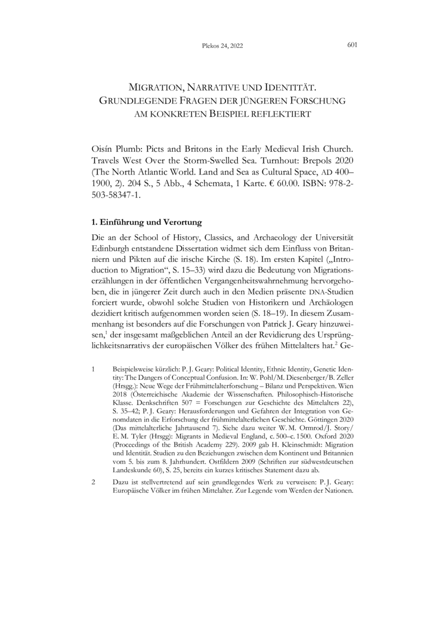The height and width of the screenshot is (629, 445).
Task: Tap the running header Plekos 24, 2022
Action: point(222,47)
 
